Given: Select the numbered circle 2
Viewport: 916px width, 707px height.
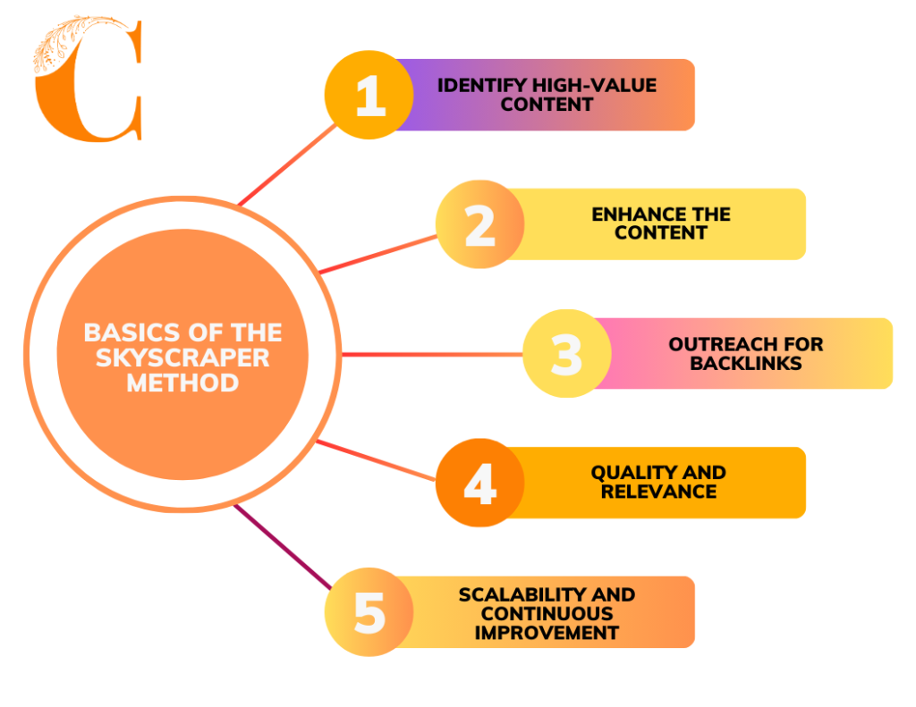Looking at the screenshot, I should point(480,223).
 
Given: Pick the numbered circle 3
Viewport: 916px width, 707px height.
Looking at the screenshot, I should point(565,353).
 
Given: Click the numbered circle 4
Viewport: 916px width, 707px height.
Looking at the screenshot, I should point(480,483).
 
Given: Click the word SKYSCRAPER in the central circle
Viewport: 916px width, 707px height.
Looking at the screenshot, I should point(182,358).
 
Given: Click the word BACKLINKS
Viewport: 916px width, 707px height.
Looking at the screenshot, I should point(746,363).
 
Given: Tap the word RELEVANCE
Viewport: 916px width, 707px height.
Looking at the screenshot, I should point(658,492).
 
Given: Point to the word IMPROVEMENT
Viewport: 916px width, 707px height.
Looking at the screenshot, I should point(547,633).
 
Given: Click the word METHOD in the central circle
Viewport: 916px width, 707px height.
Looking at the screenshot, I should point(182,383).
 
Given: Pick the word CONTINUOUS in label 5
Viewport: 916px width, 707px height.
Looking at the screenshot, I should point(547,613).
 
